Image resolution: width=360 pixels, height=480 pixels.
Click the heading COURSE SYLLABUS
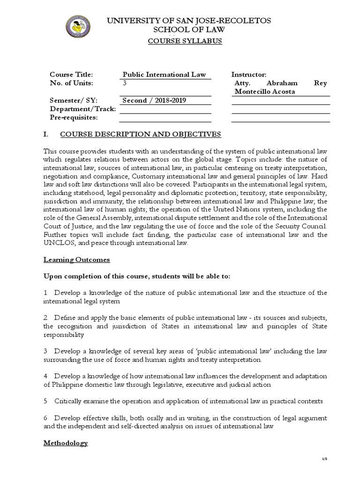click(x=185, y=41)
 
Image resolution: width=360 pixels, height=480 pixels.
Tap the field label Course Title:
click(x=72, y=75)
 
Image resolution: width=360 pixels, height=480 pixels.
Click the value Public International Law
click(x=164, y=75)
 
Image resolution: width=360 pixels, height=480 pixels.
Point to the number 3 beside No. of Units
click(x=125, y=83)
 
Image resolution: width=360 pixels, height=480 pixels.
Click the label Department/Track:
click(x=82, y=109)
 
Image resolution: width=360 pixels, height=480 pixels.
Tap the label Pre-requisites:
click(x=74, y=117)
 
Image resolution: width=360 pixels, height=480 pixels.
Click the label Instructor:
click(x=249, y=75)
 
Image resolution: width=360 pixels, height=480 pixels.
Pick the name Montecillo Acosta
click(x=264, y=91)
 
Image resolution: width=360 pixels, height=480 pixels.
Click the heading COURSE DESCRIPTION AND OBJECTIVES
click(x=140, y=135)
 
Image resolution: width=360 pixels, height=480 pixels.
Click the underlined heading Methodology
click(x=66, y=442)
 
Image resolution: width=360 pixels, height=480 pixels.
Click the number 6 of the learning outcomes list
click(x=45, y=418)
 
